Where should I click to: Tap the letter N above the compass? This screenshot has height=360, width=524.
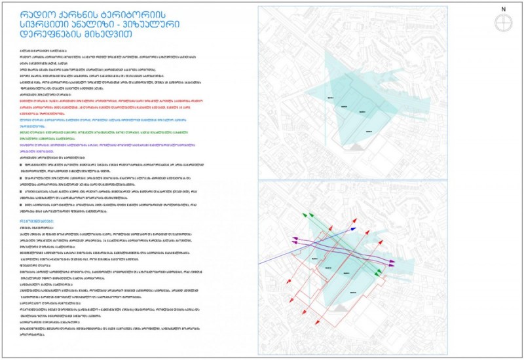tap(503, 9)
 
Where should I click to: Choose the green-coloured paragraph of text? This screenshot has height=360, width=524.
tap(98, 134)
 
